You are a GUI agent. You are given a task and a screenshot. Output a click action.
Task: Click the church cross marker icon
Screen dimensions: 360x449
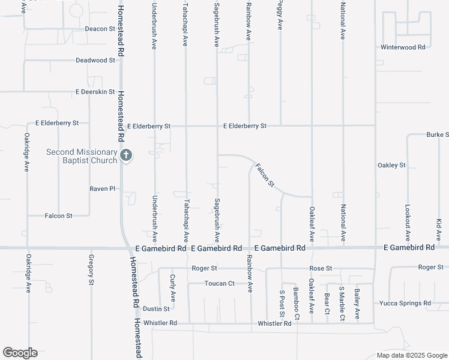125,156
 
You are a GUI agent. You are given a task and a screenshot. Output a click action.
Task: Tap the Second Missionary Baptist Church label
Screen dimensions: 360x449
82,156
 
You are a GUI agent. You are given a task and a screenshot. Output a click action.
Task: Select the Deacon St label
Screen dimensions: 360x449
100,29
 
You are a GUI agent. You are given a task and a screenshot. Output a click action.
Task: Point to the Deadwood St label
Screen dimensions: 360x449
95,60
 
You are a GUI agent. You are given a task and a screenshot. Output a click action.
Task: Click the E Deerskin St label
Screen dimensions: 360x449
95,92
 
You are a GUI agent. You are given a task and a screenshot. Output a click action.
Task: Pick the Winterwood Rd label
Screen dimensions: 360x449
403,47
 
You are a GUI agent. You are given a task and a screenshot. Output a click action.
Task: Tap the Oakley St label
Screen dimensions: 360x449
391,165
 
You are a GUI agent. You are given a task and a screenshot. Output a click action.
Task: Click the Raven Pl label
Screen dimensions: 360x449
102,188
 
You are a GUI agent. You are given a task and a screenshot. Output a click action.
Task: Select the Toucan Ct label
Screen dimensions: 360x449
219,283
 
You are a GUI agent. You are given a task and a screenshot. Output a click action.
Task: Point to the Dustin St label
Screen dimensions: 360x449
156,308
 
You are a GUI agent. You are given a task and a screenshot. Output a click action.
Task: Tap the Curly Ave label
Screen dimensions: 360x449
172,289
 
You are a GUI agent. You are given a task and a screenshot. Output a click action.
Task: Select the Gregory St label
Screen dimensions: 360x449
91,270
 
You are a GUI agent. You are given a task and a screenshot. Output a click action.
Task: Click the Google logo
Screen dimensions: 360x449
19,353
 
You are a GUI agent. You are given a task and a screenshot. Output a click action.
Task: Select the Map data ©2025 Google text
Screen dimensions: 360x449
411,355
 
